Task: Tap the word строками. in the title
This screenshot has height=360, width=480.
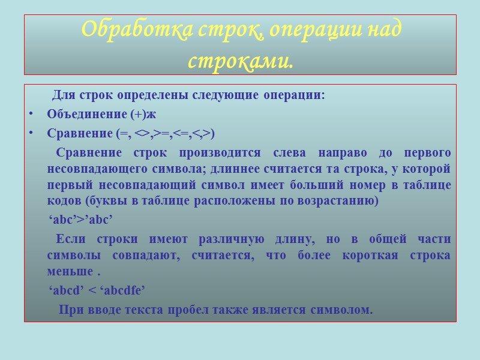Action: click(x=240, y=60)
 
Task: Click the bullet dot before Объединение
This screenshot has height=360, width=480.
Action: click(x=31, y=114)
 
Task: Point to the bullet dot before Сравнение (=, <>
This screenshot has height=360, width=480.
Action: click(x=31, y=133)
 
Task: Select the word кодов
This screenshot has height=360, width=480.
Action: click(x=61, y=201)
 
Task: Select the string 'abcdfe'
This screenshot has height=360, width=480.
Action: click(x=122, y=290)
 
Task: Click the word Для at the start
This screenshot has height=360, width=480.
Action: click(x=62, y=95)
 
